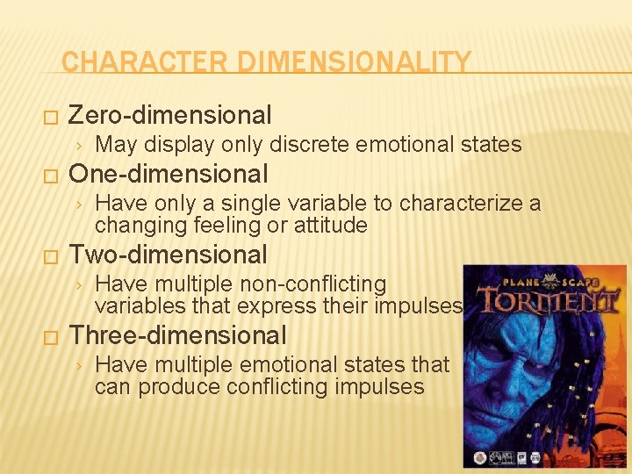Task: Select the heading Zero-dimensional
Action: tap(169, 115)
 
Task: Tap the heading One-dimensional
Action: tap(168, 174)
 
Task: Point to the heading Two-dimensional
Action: tap(168, 255)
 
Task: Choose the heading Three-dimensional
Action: tap(177, 335)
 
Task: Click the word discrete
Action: tap(308, 144)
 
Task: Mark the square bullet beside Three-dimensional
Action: tap(49, 337)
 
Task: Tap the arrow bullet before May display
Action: tap(79, 145)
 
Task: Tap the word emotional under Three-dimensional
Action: tap(295, 364)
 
